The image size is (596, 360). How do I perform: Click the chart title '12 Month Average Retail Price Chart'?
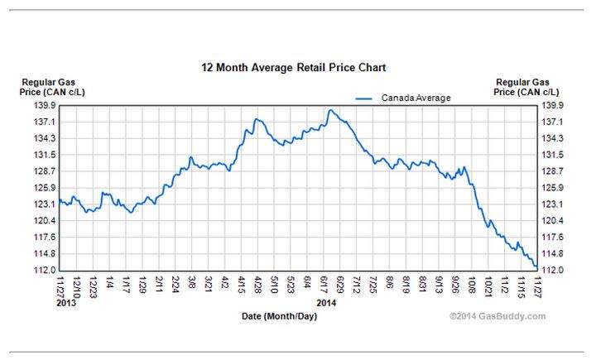point(293,68)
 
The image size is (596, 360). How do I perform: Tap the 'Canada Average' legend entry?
point(403,98)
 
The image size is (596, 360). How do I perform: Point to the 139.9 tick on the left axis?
point(46,105)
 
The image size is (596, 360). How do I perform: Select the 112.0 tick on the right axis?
point(552,270)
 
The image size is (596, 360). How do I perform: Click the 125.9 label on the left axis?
point(46,188)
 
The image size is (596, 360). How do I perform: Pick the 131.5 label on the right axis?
point(552,155)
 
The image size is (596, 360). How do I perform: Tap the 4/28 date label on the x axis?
point(258,286)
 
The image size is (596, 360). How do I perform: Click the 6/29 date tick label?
point(340,286)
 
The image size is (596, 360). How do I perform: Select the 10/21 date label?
point(488,287)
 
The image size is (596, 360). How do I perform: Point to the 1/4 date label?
point(110,282)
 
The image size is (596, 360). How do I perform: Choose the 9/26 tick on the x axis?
point(455,286)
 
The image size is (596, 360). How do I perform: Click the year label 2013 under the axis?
point(66,303)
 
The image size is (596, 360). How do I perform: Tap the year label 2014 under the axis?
point(326,303)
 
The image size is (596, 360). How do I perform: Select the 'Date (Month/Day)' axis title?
point(280,316)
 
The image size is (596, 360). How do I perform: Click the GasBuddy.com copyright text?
point(497,316)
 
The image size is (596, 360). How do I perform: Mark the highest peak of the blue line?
point(330,110)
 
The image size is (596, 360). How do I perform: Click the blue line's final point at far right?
point(536,267)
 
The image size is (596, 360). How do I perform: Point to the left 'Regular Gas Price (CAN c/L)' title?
point(52,87)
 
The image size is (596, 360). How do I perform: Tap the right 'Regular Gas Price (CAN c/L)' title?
point(526,87)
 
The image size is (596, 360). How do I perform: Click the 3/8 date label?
point(192,282)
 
